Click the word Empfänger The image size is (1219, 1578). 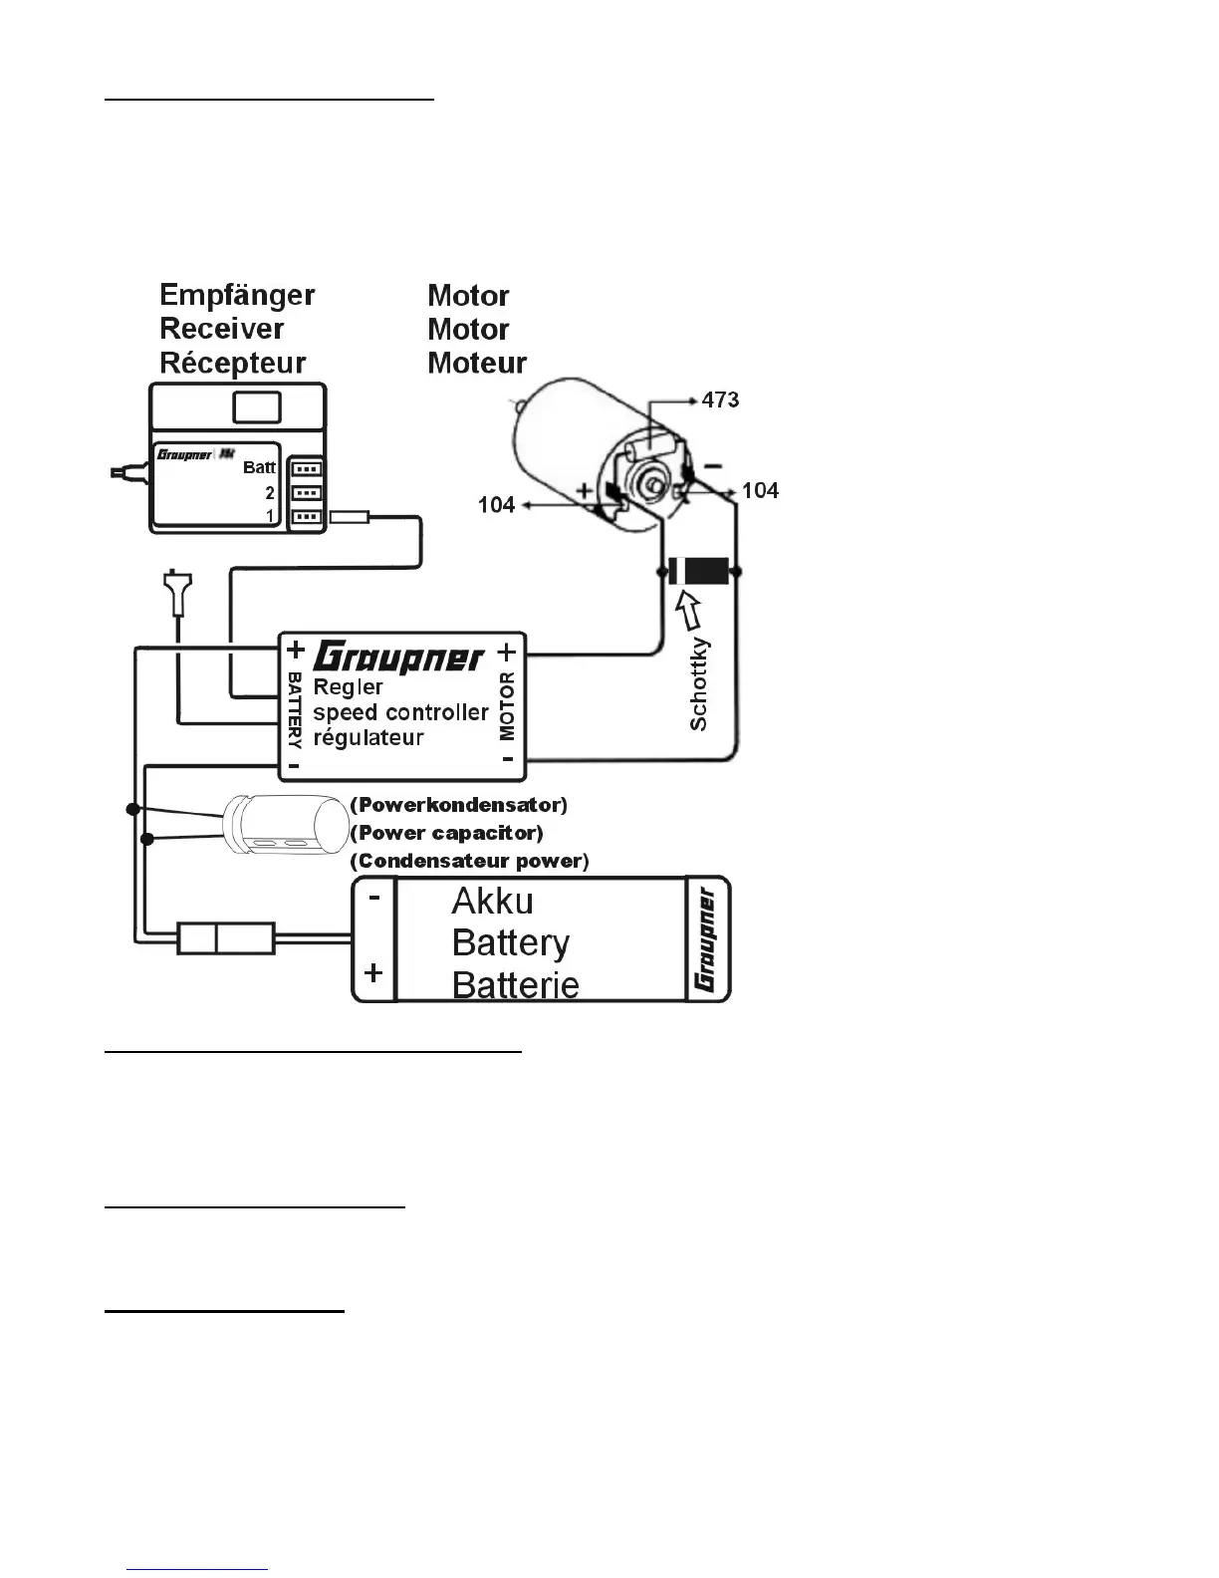[237, 295]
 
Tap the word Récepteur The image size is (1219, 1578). [233, 363]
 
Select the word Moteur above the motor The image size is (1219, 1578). [477, 363]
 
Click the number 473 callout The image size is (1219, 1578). [720, 399]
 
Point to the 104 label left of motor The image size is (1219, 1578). [496, 505]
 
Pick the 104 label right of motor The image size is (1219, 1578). [760, 490]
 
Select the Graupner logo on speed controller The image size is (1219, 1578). [398, 658]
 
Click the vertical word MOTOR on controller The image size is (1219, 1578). [507, 706]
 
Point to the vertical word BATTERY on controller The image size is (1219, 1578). [295, 709]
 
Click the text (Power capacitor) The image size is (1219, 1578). [446, 833]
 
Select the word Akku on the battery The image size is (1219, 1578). [492, 902]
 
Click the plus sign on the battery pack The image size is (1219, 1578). [373, 972]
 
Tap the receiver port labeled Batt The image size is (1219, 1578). [306, 468]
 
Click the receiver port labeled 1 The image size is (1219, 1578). [306, 517]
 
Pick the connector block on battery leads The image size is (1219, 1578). [225, 938]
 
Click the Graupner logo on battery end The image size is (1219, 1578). [707, 939]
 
